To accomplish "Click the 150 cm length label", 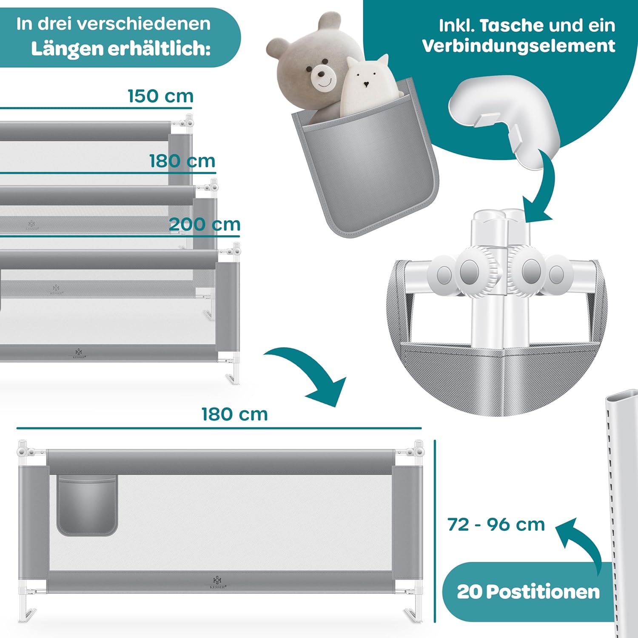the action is pyautogui.click(x=161, y=96).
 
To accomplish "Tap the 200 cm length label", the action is pyautogui.click(x=205, y=224).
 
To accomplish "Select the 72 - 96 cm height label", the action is pyautogui.click(x=496, y=524).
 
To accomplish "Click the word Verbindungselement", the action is pyautogui.click(x=518, y=46).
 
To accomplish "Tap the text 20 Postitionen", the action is pyautogui.click(x=528, y=592).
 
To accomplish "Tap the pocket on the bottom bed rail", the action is pyautogui.click(x=87, y=505).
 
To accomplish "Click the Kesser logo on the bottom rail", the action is pyautogui.click(x=217, y=582).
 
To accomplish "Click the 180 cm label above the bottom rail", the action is pyautogui.click(x=234, y=414).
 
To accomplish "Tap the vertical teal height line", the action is pyautogui.click(x=435, y=531).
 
